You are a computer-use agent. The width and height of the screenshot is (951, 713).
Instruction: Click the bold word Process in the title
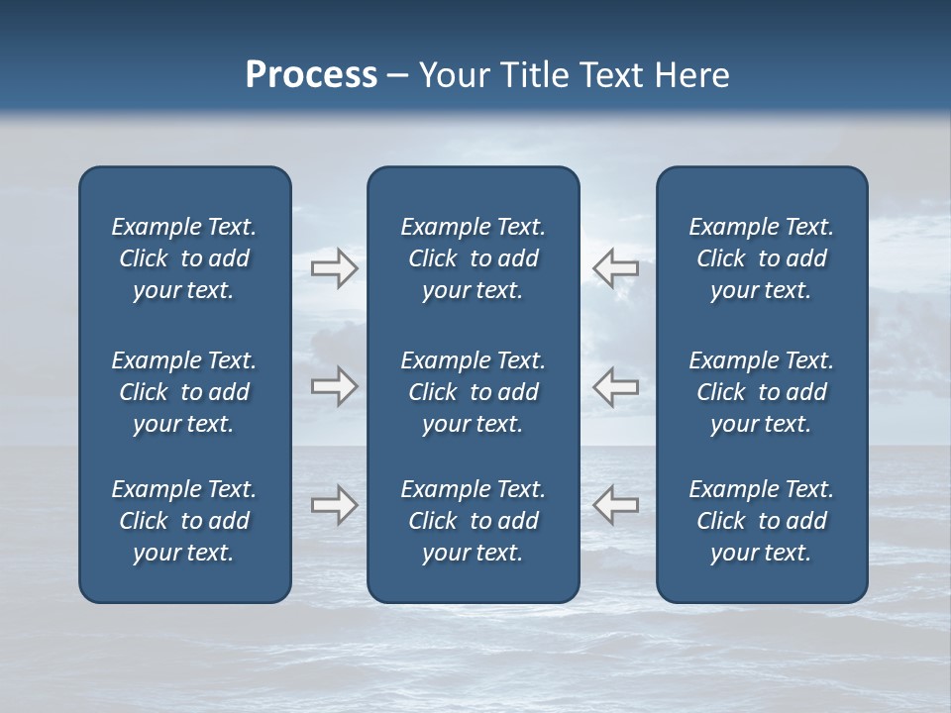click(311, 75)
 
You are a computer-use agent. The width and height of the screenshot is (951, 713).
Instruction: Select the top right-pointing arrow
click(334, 267)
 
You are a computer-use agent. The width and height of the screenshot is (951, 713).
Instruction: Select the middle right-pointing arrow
click(334, 386)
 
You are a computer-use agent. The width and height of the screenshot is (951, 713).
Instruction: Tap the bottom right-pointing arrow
click(334, 505)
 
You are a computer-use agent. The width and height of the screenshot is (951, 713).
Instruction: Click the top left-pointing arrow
click(615, 267)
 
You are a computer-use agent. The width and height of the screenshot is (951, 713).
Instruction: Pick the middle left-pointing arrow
click(615, 386)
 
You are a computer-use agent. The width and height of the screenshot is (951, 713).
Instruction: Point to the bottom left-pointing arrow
click(615, 505)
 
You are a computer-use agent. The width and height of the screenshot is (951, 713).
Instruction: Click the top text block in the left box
click(184, 258)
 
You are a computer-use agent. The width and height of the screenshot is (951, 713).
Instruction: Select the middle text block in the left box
click(184, 392)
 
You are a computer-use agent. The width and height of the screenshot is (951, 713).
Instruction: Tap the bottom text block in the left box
click(184, 521)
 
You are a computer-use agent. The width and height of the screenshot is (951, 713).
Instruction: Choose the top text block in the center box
click(473, 258)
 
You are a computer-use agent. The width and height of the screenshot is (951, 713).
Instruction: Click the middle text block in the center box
click(473, 392)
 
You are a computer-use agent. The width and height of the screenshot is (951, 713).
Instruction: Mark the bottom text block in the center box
click(473, 521)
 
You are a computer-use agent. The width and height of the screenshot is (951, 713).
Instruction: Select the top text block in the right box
click(762, 258)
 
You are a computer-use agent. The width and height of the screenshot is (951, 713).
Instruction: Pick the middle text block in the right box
click(762, 392)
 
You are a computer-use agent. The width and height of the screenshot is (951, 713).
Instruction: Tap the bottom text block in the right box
click(762, 521)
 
